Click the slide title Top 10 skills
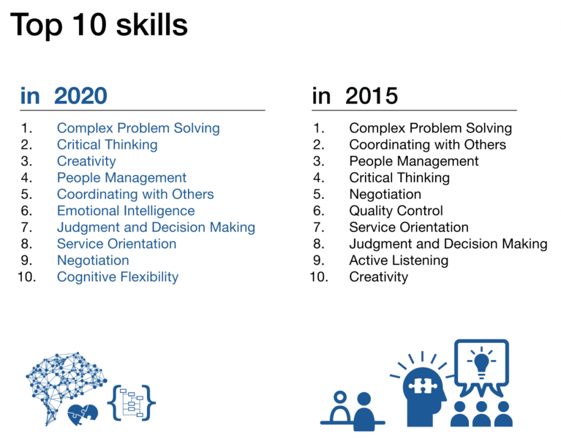[x=99, y=25]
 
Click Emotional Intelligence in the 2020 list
[x=126, y=211]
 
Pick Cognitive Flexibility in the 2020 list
[x=118, y=277]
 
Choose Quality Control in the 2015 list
[x=396, y=211]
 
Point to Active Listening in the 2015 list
[x=399, y=260]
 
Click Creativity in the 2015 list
[x=379, y=277]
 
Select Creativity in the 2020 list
[x=87, y=161]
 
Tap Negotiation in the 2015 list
[x=385, y=194]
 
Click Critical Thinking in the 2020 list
[x=107, y=145]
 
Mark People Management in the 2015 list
[x=414, y=161]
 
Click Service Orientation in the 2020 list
[x=117, y=244]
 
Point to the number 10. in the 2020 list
[x=27, y=277]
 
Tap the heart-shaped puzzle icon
[x=83, y=415]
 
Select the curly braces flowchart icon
[x=131, y=403]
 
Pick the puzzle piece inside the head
[x=423, y=385]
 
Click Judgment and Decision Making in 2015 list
[x=448, y=244]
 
